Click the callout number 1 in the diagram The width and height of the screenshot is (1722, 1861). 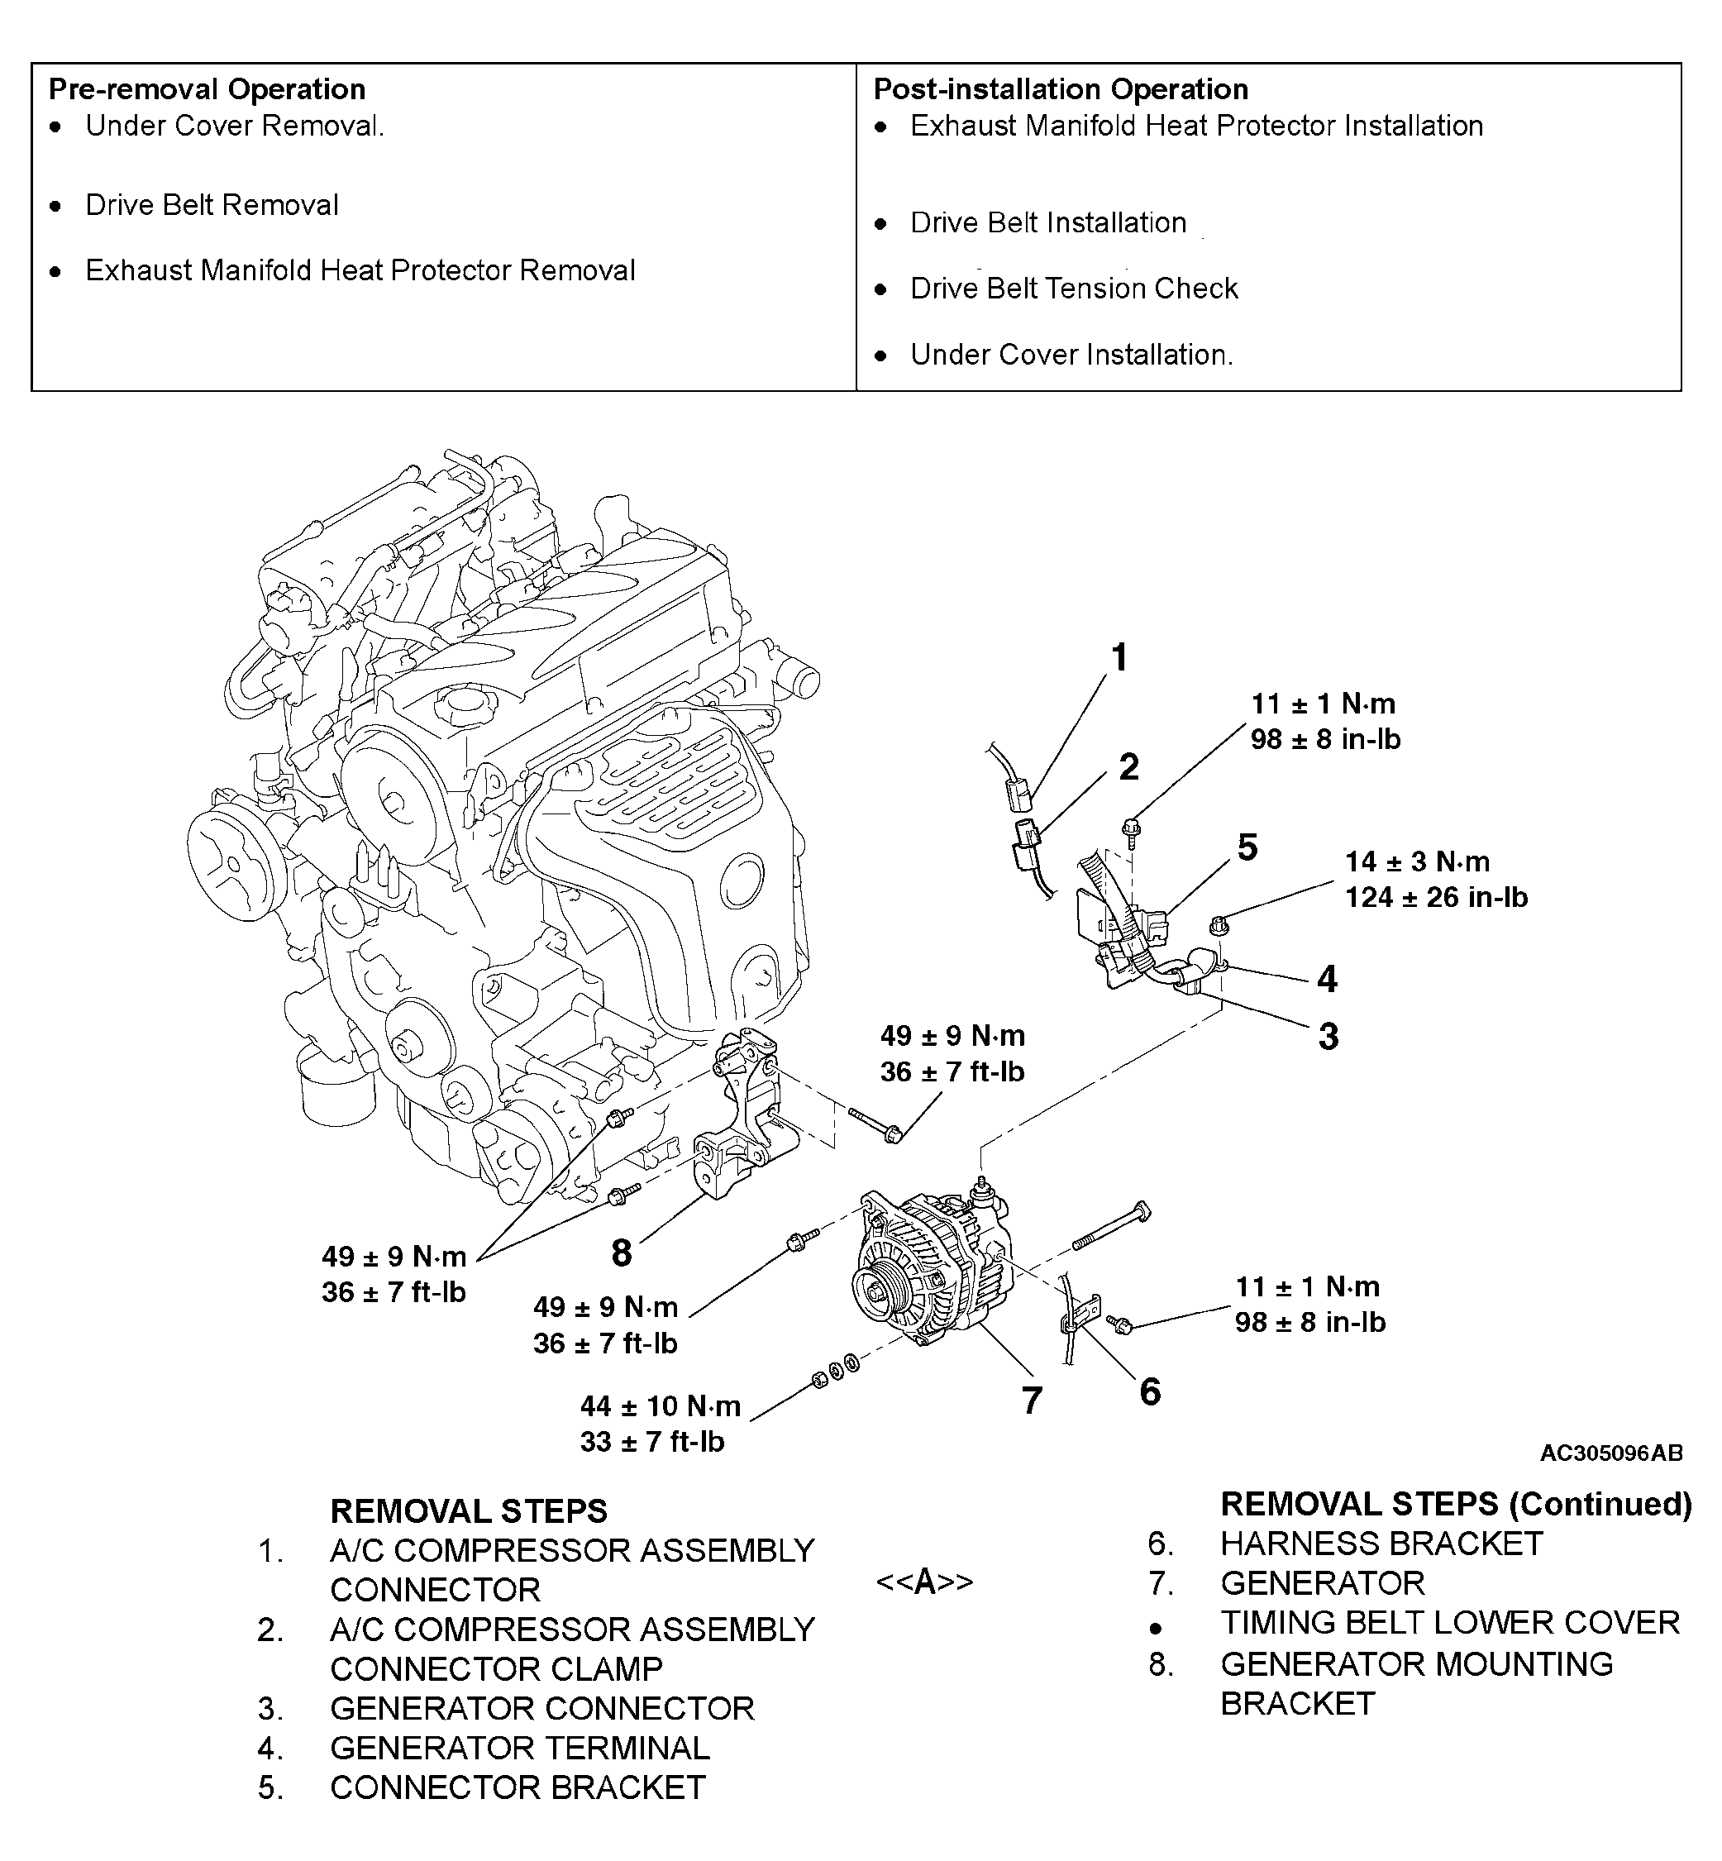click(1120, 657)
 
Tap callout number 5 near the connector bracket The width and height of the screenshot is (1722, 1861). click(1247, 847)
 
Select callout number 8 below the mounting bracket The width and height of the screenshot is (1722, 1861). click(622, 1253)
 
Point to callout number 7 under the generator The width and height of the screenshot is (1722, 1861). click(1031, 1401)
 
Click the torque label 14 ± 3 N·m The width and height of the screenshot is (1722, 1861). click(1416, 861)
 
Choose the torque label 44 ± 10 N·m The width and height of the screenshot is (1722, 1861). click(660, 1405)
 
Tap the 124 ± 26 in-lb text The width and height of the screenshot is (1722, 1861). click(1436, 897)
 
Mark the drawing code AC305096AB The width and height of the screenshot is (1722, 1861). click(1610, 1453)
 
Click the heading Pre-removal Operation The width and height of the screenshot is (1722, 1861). click(207, 89)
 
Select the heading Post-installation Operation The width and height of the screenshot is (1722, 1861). click(1061, 89)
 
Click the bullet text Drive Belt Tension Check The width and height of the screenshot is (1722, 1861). click(1073, 289)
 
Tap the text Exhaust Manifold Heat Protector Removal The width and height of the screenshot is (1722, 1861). click(360, 270)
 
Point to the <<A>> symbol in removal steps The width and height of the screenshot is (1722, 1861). click(924, 1582)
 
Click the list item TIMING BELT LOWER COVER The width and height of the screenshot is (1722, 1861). click(1450, 1622)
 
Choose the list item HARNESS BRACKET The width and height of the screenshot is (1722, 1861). click(1381, 1544)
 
